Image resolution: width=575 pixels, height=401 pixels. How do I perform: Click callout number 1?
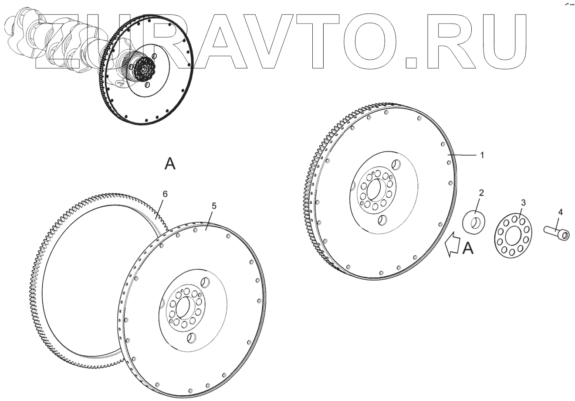pos(482,155)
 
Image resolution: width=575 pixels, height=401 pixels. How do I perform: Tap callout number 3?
pos(523,202)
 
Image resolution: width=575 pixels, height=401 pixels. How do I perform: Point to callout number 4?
pos(560,212)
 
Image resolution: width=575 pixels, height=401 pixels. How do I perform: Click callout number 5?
pos(213,206)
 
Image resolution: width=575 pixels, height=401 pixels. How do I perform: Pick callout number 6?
pos(165,193)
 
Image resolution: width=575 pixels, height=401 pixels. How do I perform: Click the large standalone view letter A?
pos(170,164)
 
